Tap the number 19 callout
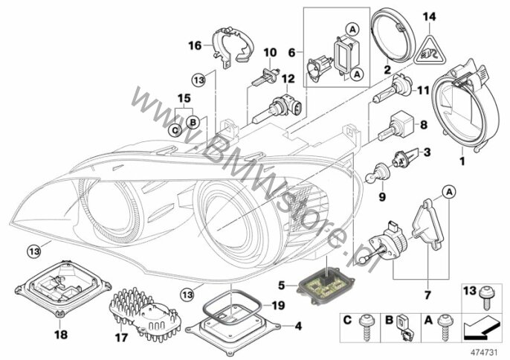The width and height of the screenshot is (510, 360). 258,304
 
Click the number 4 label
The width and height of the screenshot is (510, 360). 299,325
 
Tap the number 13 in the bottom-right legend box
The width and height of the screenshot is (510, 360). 469,290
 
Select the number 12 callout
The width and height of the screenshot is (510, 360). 287,78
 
